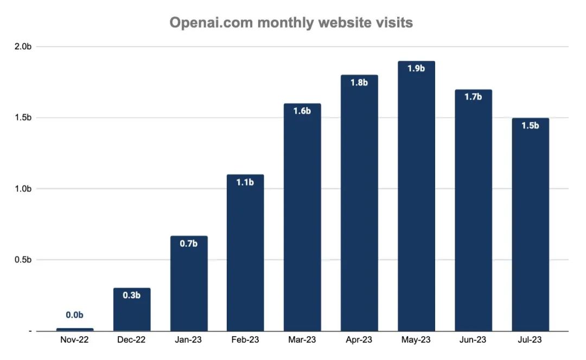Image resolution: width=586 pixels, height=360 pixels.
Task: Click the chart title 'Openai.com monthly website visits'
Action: pos(291,23)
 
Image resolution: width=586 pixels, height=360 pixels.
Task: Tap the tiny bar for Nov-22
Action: pos(75,329)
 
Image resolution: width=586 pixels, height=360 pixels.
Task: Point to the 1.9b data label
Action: pos(416,69)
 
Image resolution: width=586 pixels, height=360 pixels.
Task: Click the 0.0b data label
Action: pos(75,315)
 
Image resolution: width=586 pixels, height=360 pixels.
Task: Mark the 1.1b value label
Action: pos(245,182)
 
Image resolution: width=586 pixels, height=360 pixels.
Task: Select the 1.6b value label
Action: pos(302,111)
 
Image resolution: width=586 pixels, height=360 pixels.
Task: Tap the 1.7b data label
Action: pos(473,97)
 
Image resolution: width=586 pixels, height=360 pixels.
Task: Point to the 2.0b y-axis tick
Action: pos(23,47)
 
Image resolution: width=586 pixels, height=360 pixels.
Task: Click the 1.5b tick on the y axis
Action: pos(23,118)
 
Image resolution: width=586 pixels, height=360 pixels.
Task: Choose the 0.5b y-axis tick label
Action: pos(23,260)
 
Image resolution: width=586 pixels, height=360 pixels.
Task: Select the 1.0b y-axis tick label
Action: pos(23,189)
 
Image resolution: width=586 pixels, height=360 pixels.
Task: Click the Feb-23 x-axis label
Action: pos(245,340)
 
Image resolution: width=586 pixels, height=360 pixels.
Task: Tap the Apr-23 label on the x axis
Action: pos(359,340)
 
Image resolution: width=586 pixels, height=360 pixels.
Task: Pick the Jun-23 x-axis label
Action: pos(473,340)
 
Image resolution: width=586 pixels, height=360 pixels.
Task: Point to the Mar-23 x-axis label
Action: pos(302,340)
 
